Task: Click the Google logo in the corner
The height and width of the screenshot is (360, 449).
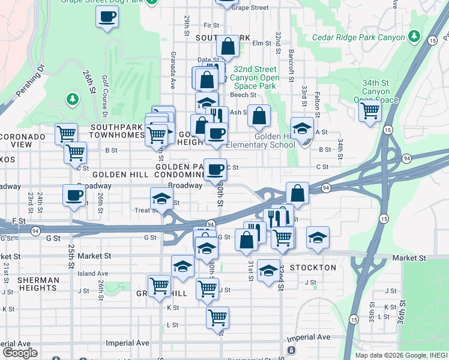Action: [19, 352]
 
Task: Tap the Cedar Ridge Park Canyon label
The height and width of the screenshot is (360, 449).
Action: [359, 37]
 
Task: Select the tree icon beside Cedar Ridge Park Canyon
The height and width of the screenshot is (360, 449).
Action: [414, 37]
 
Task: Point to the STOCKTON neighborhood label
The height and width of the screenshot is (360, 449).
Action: [313, 267]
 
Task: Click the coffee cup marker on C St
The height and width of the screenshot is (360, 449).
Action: [215, 169]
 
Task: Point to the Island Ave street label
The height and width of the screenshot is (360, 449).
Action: [93, 274]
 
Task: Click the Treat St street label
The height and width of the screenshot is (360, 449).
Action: [146, 211]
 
